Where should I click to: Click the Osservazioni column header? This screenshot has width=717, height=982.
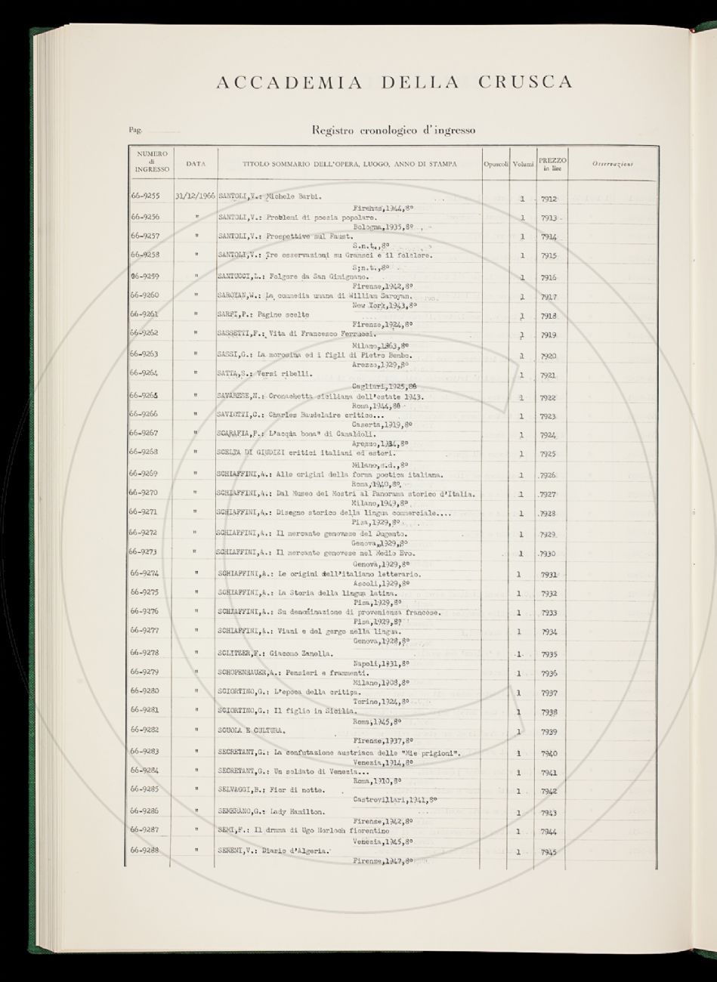tap(613, 164)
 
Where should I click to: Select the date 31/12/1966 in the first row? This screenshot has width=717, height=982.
tap(195, 196)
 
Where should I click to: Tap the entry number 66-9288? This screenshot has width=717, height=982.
tap(145, 851)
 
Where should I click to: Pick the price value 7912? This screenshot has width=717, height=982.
tap(549, 199)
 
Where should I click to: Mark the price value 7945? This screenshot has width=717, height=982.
tap(549, 853)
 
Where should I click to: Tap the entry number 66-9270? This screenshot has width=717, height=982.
tap(145, 493)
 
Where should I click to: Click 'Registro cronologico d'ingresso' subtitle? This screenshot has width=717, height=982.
tap(394, 130)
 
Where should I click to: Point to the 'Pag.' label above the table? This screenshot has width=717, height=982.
tap(135, 131)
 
